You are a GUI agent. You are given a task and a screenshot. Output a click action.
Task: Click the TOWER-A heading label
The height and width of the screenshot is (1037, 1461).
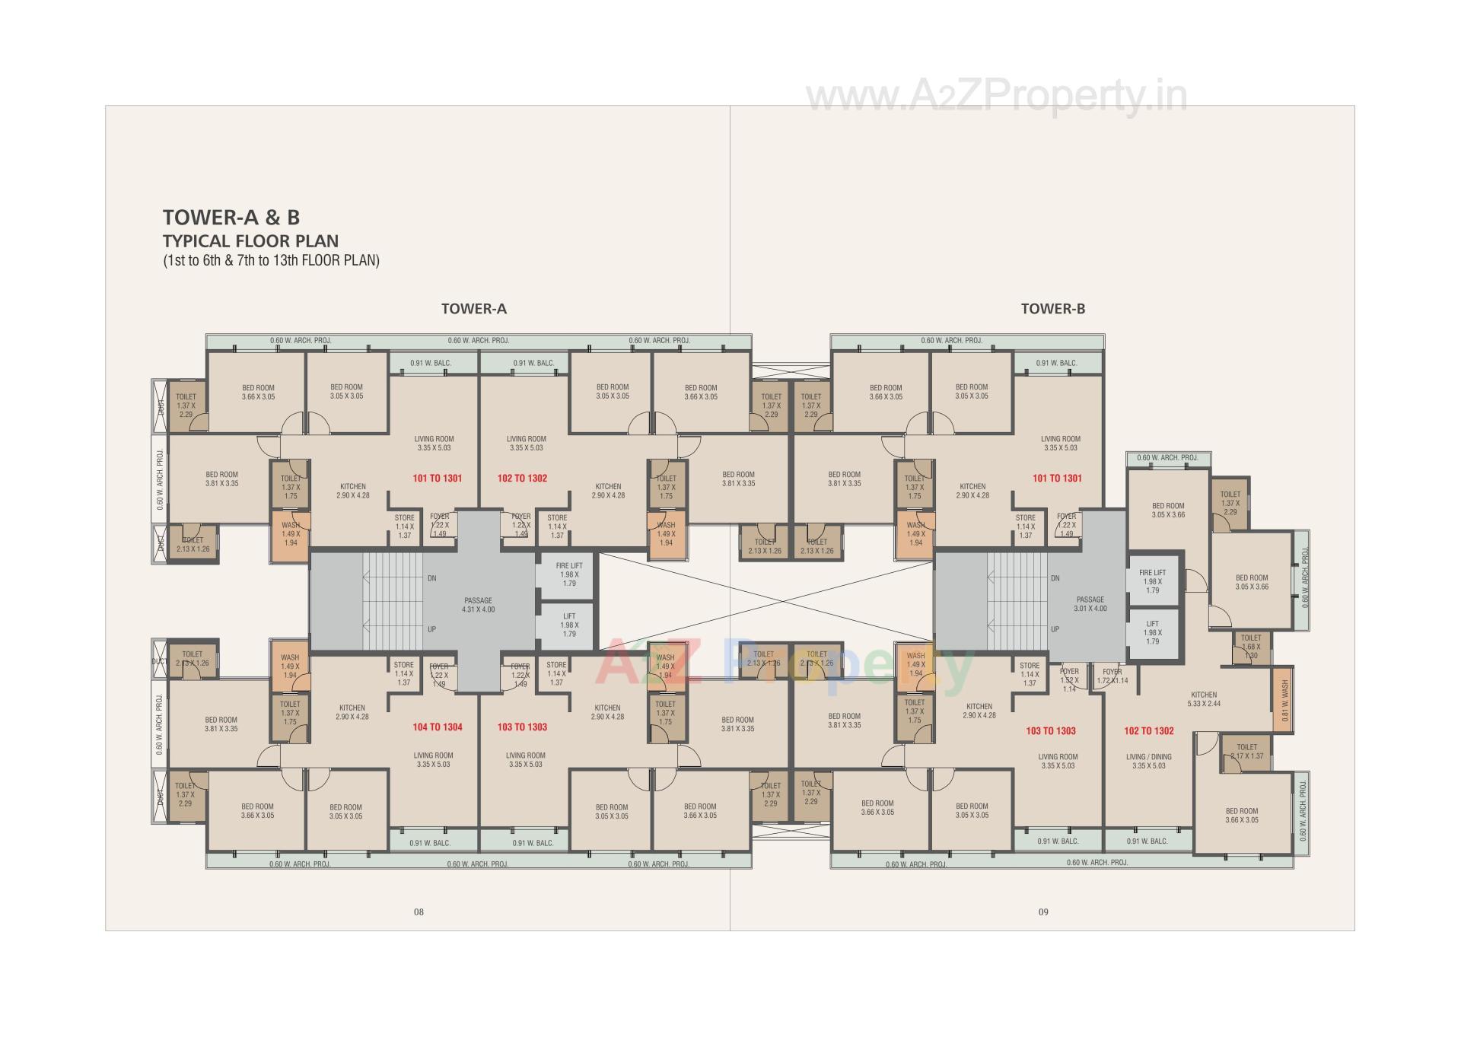(473, 309)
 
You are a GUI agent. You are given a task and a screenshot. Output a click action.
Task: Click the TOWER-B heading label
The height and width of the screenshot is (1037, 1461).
(1052, 309)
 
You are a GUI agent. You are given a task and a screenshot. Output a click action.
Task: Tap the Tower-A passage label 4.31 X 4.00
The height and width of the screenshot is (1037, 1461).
(479, 605)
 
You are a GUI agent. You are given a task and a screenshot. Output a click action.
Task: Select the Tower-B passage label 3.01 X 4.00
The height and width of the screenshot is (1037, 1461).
(1090, 604)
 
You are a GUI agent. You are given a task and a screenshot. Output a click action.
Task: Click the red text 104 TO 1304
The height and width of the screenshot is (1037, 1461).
(438, 727)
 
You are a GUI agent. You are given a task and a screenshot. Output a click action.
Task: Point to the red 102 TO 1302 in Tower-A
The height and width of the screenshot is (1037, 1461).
(522, 479)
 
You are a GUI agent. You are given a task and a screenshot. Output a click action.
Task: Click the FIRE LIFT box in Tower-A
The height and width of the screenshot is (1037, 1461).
(569, 574)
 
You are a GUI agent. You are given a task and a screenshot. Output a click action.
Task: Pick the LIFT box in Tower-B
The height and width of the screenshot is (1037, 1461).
(1152, 632)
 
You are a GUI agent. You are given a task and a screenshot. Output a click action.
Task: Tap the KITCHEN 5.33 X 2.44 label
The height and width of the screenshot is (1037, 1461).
(1203, 699)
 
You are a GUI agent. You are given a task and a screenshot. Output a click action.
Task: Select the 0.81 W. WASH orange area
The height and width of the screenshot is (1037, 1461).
(1284, 701)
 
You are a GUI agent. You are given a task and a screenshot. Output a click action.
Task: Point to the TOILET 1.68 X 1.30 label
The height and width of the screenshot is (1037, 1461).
(1250, 647)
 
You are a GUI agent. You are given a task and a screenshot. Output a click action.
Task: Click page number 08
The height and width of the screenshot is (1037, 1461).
(419, 912)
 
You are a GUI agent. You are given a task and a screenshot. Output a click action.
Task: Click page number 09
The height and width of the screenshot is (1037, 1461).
(1043, 912)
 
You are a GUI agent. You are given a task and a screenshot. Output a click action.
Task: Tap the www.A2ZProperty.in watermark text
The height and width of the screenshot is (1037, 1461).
(996, 97)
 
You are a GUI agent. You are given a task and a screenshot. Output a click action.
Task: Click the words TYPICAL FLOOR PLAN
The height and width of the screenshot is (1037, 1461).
(250, 241)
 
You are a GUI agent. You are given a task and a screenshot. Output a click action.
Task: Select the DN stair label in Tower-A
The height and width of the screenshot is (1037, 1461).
(431, 579)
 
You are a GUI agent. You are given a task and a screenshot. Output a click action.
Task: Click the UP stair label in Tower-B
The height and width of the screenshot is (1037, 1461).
(1055, 630)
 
